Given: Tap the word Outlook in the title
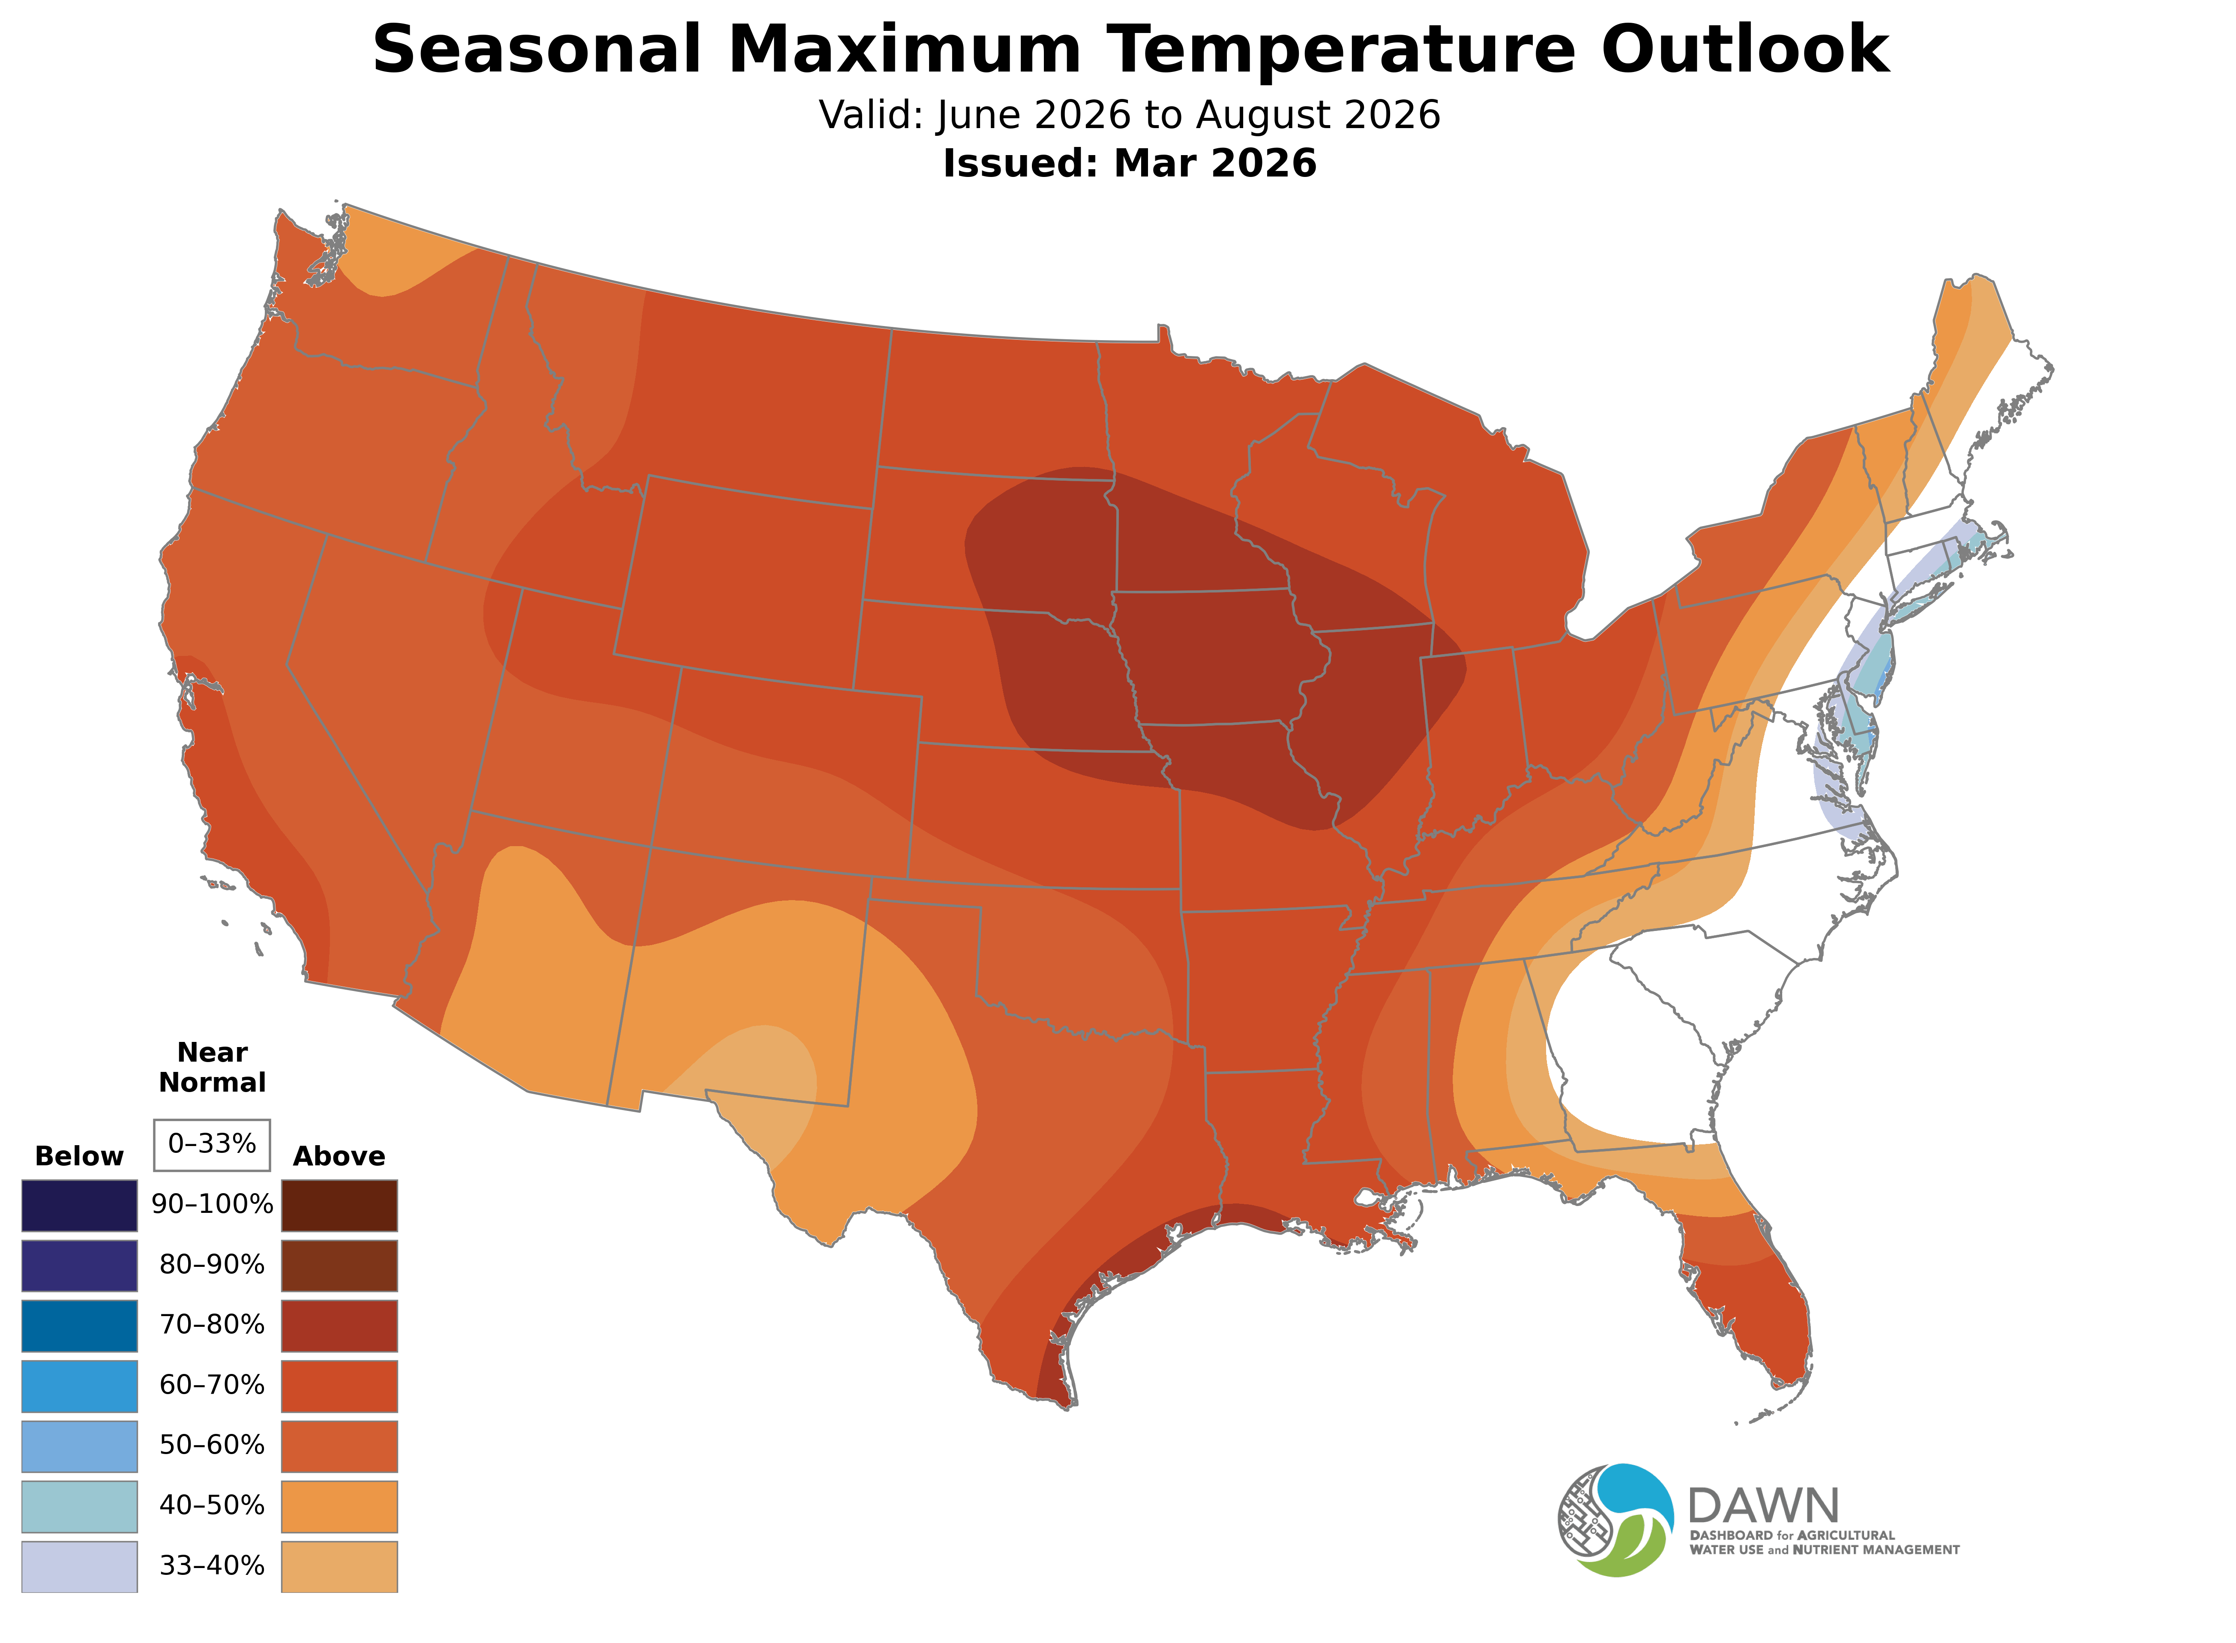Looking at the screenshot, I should coord(1744,50).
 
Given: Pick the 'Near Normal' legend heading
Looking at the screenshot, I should coord(212,1067).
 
